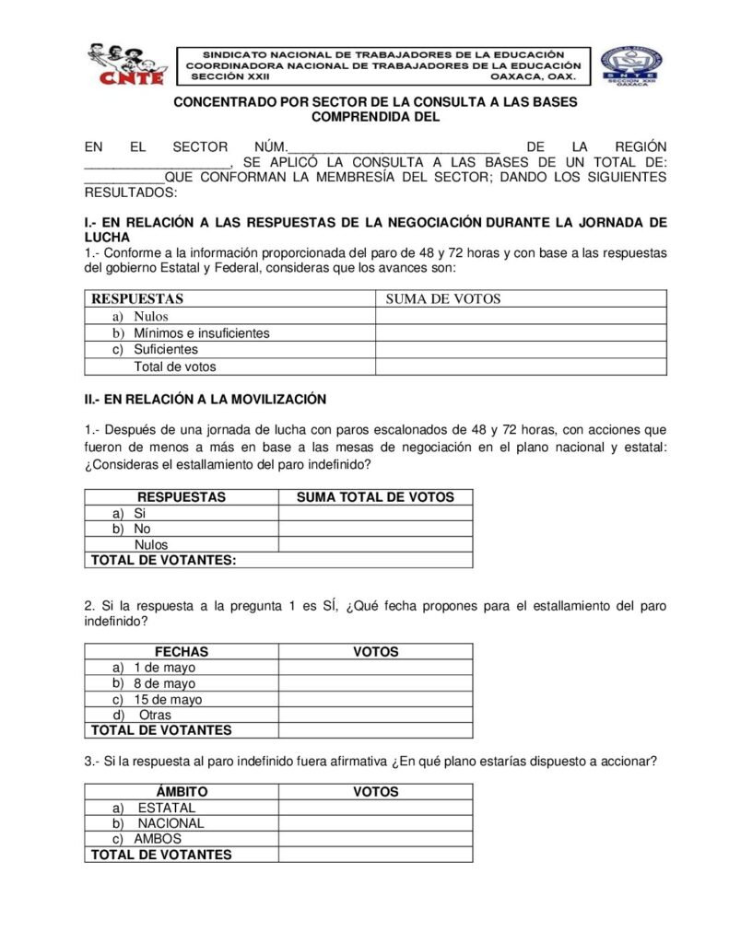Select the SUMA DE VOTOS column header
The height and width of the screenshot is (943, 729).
(442, 298)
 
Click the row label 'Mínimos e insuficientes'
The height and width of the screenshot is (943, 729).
(201, 333)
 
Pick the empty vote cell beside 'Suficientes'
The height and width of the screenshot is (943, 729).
(520, 350)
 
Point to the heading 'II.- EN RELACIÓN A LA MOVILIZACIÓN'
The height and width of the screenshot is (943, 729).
(206, 399)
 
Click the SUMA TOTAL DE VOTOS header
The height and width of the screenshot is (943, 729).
(375, 497)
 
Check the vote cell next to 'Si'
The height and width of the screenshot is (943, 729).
(375, 513)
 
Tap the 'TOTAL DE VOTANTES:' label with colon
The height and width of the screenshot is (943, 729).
(161, 560)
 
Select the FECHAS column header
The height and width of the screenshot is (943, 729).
(182, 652)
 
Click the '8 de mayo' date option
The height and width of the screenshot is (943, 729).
(164, 683)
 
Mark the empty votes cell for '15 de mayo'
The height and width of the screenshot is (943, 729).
(375, 700)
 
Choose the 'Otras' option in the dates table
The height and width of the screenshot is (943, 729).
(155, 715)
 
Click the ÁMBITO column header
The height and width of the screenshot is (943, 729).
(182, 792)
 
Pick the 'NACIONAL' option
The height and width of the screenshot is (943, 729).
(170, 823)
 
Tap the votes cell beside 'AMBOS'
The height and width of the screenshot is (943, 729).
(375, 839)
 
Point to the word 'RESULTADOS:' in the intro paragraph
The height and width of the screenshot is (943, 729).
(129, 193)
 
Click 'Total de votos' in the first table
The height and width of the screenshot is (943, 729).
(175, 367)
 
